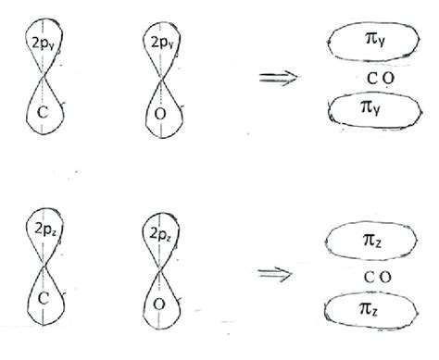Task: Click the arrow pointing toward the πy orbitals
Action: [x=279, y=78]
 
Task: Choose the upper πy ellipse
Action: [x=369, y=40]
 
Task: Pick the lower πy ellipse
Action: [x=369, y=110]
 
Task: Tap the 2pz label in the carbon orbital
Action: [x=43, y=228]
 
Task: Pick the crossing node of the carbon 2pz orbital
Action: [x=43, y=267]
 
